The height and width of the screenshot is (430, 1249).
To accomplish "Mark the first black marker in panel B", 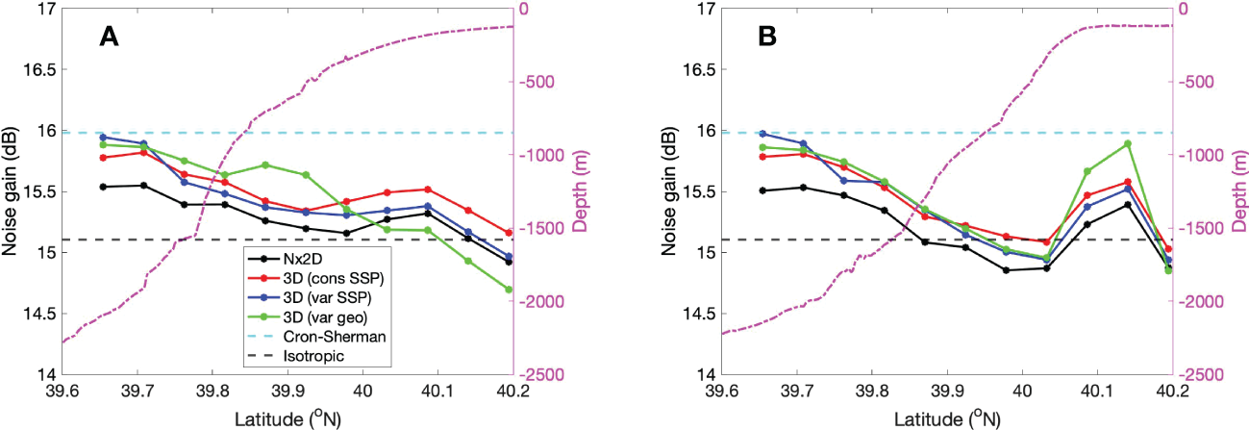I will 762,190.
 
